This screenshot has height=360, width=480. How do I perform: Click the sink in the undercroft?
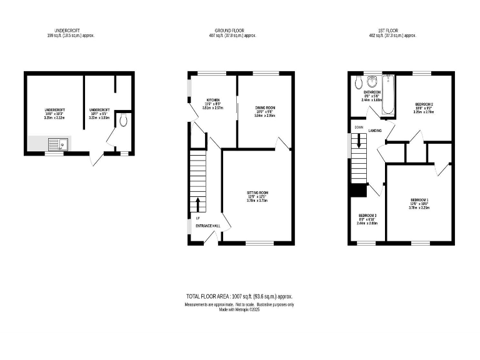(57, 144)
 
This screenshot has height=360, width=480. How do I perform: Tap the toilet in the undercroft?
(124, 120)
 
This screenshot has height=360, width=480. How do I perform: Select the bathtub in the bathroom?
(388, 95)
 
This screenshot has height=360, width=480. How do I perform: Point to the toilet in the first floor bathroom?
(357, 82)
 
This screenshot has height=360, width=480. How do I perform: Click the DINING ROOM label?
(265, 107)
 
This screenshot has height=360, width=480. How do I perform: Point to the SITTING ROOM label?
(257, 192)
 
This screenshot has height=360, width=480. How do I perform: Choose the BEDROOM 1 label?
(419, 200)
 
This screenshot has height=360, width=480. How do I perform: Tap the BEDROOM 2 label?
(424, 103)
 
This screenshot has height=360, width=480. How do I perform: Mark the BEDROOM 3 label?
(367, 215)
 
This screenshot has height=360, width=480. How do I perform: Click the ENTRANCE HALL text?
(208, 225)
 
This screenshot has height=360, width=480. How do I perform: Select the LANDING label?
(375, 131)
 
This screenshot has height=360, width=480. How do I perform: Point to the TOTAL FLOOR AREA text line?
(239, 296)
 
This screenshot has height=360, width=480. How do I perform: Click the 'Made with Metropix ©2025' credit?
(239, 309)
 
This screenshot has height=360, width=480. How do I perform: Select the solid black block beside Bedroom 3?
(357, 191)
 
